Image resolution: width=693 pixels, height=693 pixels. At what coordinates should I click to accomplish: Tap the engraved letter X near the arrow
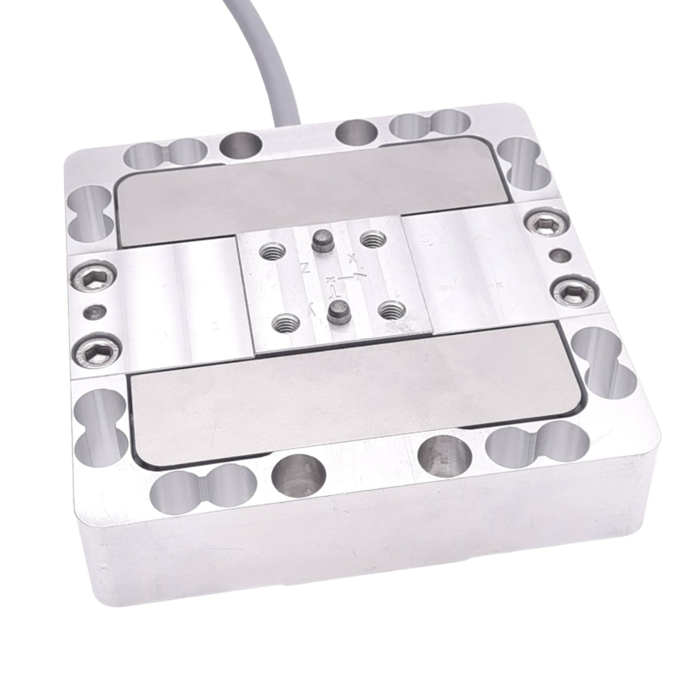[x=353, y=259]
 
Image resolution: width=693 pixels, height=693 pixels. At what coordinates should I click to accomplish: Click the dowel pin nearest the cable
[x=318, y=239]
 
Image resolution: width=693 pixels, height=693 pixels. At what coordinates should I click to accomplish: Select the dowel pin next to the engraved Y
[x=335, y=314]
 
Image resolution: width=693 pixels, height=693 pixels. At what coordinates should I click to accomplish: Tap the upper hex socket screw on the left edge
[x=93, y=275]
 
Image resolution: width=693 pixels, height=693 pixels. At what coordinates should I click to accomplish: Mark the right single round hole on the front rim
[x=445, y=455]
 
